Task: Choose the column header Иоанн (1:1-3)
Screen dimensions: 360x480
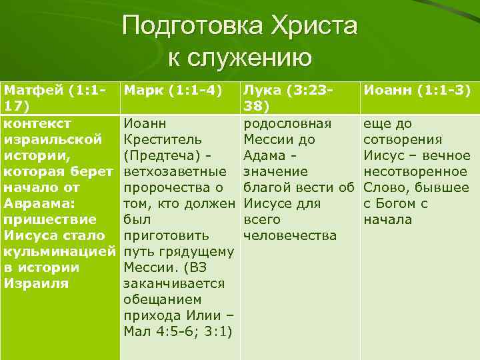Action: tap(416, 89)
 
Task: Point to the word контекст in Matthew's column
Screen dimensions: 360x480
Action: tap(37, 123)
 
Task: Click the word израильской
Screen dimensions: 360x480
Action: tap(53, 139)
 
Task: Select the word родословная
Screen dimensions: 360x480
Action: tap(287, 123)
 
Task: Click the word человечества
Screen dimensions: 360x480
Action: tap(291, 235)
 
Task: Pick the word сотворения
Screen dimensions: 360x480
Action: tap(402, 139)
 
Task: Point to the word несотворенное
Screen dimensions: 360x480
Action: tap(417, 171)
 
